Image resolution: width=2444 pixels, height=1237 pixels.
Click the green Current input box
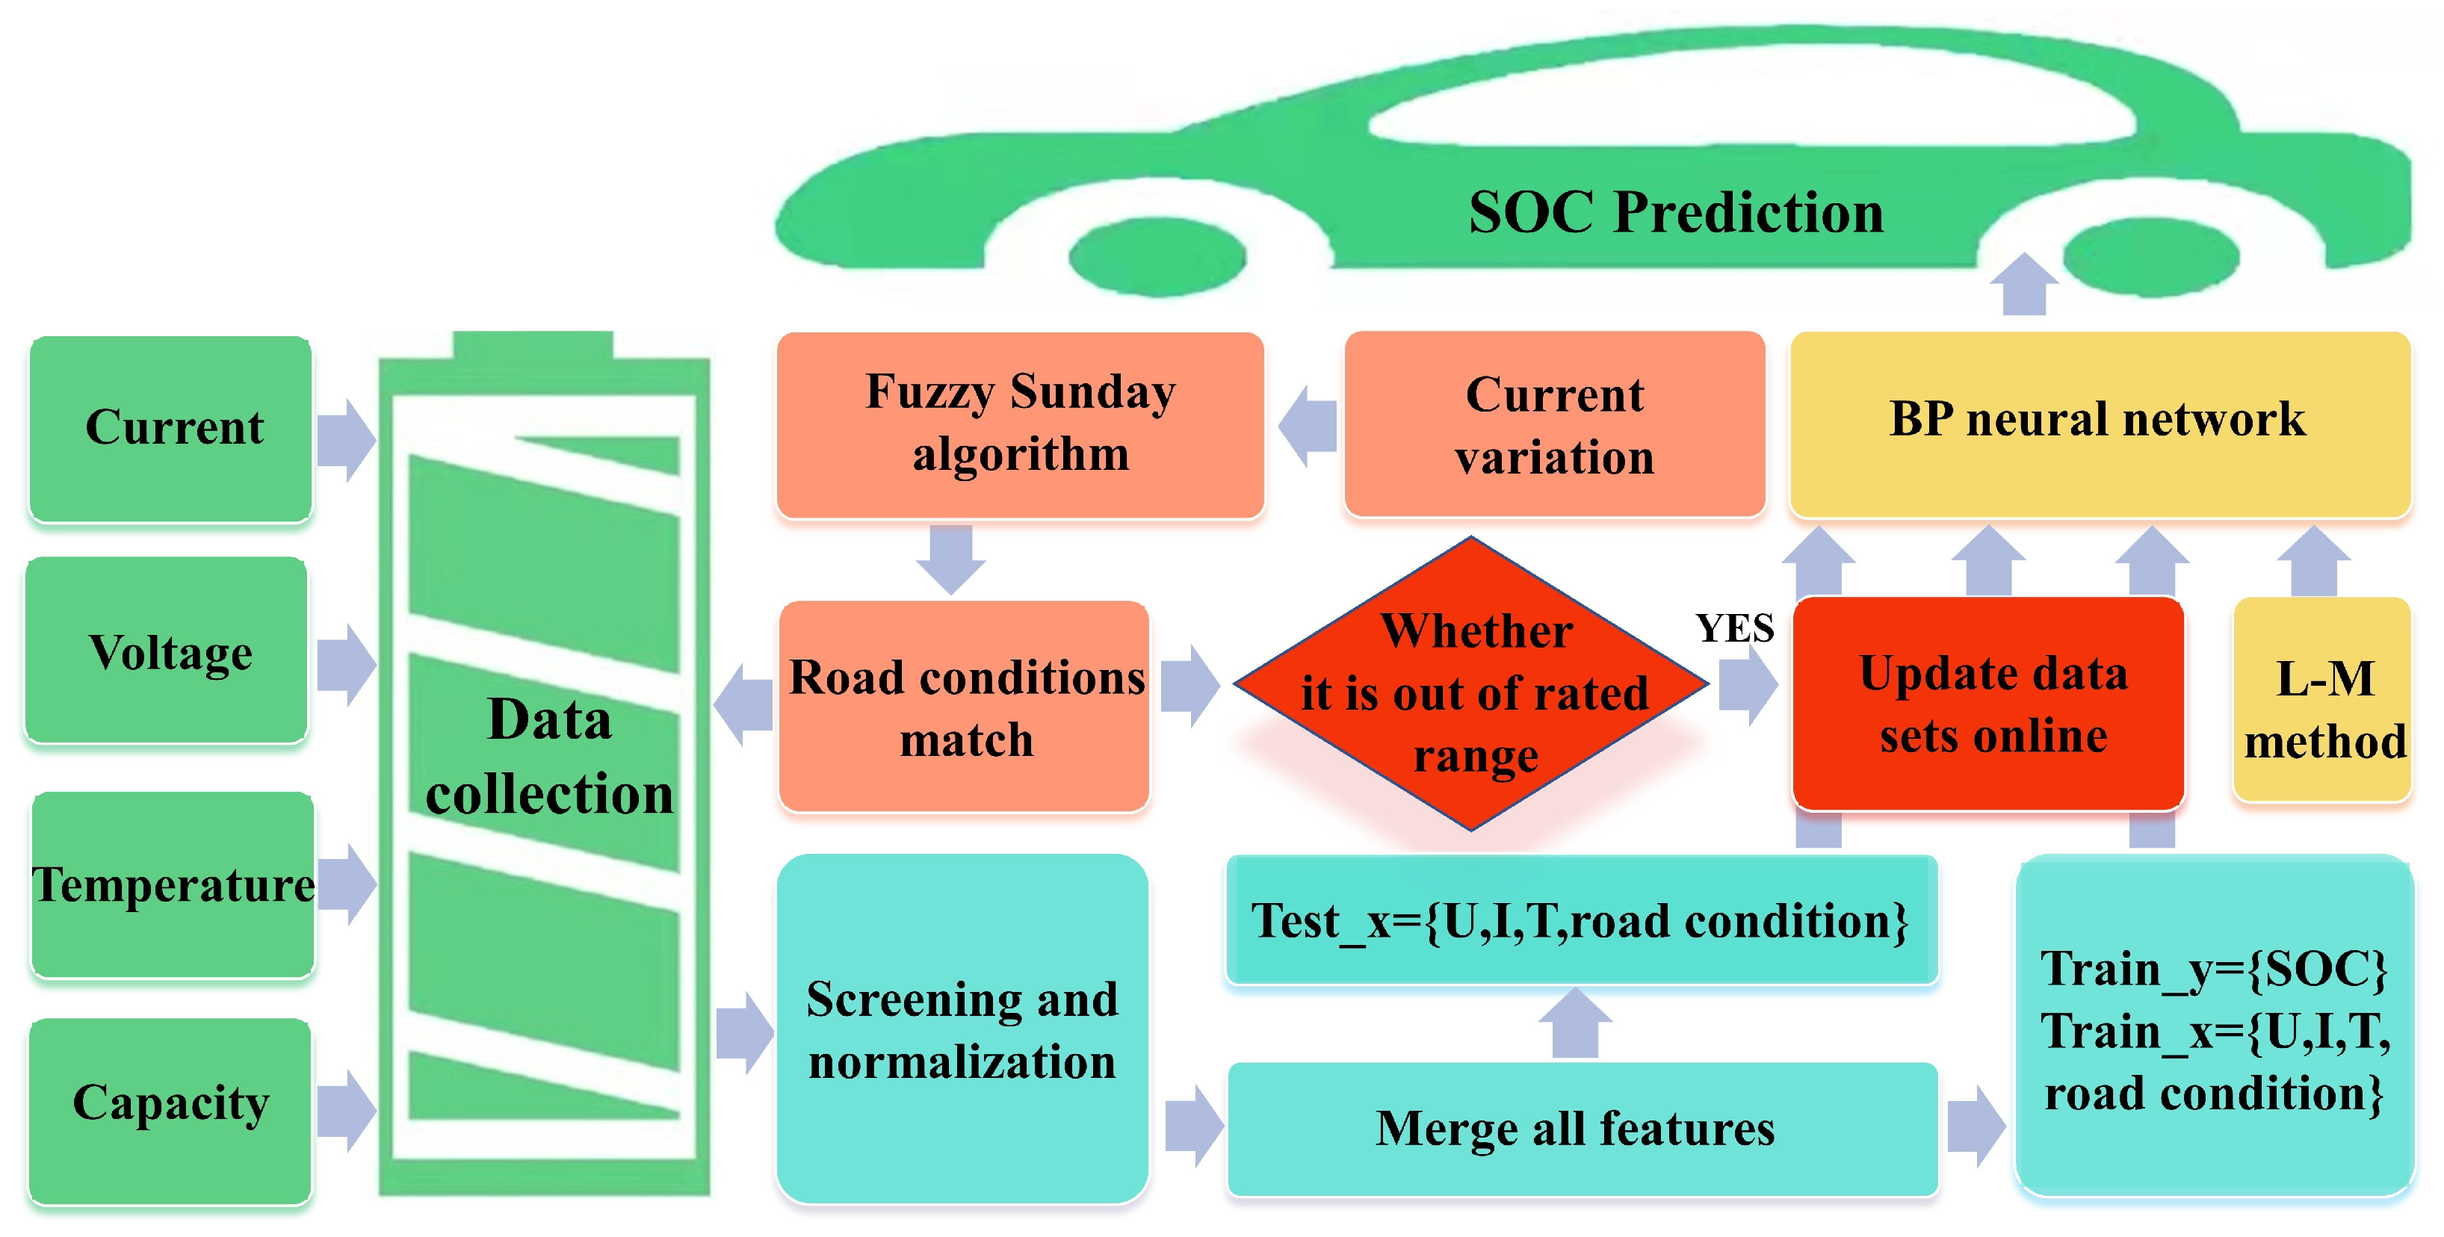171,428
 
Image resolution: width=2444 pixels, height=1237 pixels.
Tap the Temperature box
173,884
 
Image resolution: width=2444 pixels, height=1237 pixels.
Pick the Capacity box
171,1110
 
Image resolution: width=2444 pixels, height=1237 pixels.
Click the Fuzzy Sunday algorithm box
1020,424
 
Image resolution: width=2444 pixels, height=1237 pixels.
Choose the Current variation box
1554,424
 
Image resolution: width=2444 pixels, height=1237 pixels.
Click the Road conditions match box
964,707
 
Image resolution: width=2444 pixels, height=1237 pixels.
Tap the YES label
1734,629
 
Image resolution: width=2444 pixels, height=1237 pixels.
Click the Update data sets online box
1990,704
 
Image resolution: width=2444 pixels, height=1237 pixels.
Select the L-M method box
2322,700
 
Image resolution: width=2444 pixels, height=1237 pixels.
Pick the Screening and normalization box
962,1029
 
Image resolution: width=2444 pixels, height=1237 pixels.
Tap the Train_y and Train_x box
2213,1029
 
